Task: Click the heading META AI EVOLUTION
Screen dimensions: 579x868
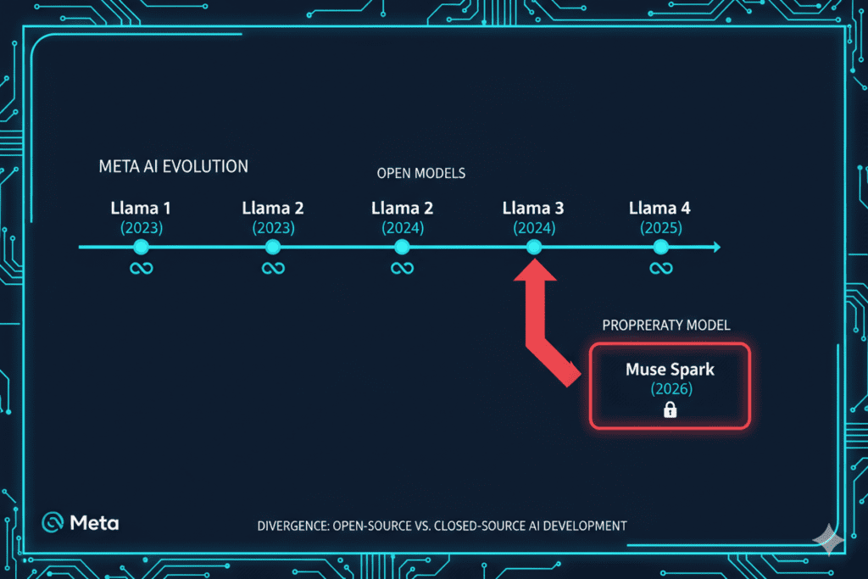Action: pos(174,166)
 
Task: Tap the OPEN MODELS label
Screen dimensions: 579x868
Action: pos(421,173)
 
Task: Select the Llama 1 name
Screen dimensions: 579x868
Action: pos(141,208)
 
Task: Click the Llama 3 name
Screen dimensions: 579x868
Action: pos(533,208)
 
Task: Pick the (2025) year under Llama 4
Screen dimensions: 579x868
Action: pos(660,227)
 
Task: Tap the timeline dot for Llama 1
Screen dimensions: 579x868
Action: pos(141,247)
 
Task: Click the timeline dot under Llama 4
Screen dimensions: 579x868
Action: pos(660,247)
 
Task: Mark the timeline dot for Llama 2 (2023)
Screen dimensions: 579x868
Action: pos(272,247)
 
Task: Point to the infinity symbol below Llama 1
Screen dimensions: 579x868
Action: pos(141,269)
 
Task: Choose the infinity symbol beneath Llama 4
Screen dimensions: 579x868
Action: pos(660,269)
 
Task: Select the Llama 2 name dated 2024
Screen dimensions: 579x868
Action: pos(402,208)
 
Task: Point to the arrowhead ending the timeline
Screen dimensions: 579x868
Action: pos(716,247)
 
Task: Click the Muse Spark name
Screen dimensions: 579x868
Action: pos(669,369)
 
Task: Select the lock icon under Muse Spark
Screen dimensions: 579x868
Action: pos(670,410)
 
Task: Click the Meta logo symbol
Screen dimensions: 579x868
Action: pos(53,522)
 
